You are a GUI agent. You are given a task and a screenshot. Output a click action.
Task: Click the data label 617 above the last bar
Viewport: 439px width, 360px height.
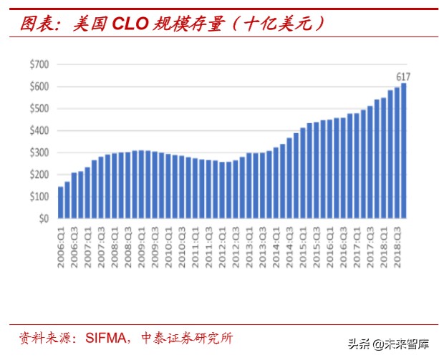pos(403,76)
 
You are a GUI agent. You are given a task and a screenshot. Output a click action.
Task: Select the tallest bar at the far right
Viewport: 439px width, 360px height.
pos(403,150)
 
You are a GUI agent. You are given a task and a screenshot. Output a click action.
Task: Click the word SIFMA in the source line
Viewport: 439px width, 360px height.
pos(105,337)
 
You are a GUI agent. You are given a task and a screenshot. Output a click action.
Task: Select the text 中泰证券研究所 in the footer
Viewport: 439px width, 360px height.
pos(188,337)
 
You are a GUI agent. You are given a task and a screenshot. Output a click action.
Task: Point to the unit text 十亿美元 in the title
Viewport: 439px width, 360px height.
pos(279,24)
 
